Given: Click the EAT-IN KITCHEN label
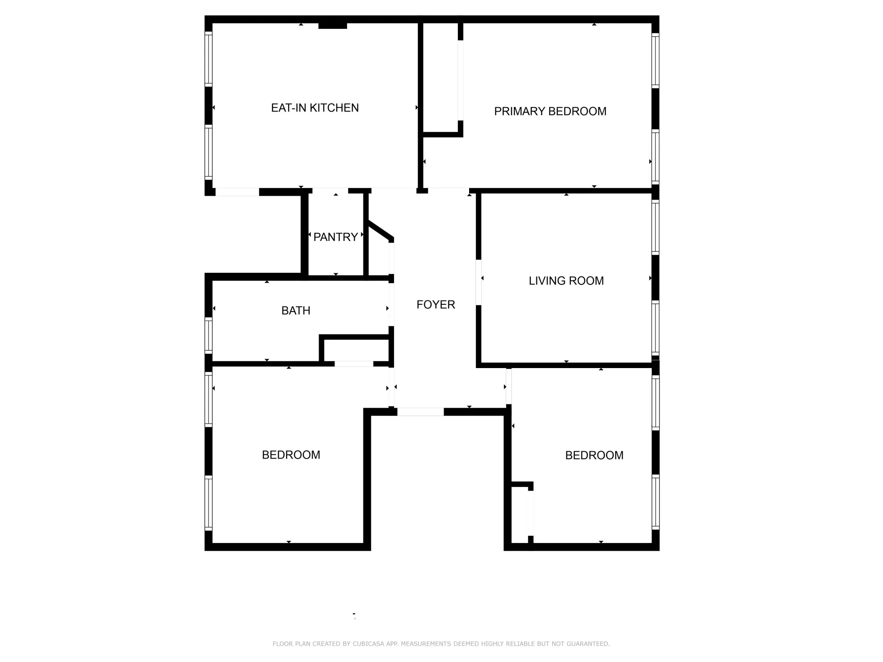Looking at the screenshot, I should [315, 108].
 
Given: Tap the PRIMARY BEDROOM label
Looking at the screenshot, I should [550, 111].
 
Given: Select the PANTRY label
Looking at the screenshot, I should [335, 237].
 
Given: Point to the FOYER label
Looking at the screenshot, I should [435, 305].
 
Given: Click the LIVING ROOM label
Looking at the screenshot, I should [566, 281].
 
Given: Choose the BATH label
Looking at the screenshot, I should [296, 310].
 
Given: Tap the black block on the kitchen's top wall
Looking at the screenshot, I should [332, 26].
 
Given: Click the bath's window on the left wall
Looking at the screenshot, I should [208, 335].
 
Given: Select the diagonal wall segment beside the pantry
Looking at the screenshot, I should [380, 231].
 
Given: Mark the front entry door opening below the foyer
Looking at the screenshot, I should [420, 412].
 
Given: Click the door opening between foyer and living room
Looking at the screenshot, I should [479, 282].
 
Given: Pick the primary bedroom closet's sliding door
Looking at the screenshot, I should [460, 80].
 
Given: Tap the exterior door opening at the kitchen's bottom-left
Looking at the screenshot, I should [237, 192].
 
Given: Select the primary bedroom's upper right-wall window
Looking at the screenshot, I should [655, 61].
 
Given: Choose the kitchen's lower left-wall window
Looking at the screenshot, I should [208, 152].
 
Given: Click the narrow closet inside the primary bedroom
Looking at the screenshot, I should [440, 78].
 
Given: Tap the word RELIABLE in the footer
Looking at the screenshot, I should [520, 644].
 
